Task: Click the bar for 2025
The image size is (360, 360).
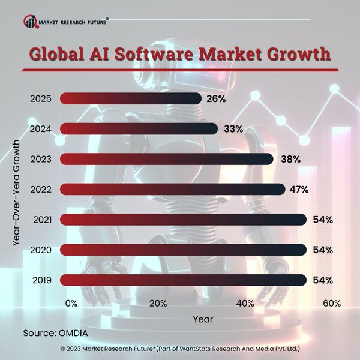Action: (130, 98)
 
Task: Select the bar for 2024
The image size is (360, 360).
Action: (139, 128)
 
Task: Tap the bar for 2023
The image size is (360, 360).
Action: (167, 159)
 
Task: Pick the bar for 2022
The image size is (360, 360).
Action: (173, 190)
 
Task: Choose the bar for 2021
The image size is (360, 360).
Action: (184, 220)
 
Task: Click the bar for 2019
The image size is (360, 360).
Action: (184, 280)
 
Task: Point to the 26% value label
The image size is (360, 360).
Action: (215, 98)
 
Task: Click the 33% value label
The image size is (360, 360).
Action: (232, 128)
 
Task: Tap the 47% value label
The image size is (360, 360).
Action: (298, 190)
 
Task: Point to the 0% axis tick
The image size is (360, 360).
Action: (71, 304)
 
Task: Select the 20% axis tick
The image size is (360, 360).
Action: (158, 304)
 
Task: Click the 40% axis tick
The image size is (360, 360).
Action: (245, 304)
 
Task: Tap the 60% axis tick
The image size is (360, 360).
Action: (332, 304)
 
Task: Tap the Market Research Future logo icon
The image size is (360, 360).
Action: (30, 22)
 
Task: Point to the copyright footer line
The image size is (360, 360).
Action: (180, 349)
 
